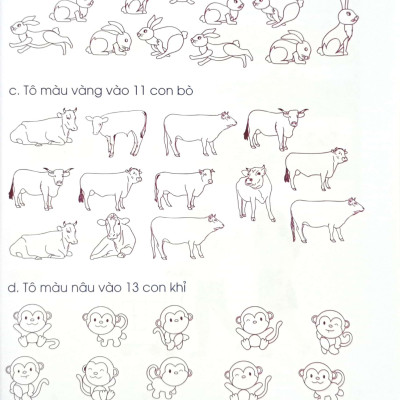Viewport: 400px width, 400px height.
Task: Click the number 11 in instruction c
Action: coord(139,91)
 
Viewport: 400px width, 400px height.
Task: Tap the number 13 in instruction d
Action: coord(132,287)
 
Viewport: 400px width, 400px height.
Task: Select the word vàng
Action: coord(91,91)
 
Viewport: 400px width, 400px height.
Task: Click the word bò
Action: coord(186,90)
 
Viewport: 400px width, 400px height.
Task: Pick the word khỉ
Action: coord(178,287)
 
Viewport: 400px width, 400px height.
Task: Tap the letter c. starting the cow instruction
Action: coord(14,92)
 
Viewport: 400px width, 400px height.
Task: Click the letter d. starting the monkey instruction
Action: coord(13,287)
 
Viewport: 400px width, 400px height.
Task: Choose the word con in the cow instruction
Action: coord(162,92)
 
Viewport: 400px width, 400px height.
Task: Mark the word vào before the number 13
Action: coord(111,287)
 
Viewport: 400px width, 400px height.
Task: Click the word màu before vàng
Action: coord(56,91)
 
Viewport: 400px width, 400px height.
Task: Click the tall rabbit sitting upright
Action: coord(337,32)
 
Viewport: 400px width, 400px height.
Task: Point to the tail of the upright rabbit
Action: coord(320,51)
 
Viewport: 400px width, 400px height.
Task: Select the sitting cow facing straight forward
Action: coord(113,237)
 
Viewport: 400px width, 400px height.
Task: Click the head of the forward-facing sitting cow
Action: coord(113,225)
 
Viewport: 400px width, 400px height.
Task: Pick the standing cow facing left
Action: coord(117,133)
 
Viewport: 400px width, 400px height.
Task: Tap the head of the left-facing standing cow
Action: coord(97,124)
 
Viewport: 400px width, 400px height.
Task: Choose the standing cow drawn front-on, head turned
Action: coord(255,193)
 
